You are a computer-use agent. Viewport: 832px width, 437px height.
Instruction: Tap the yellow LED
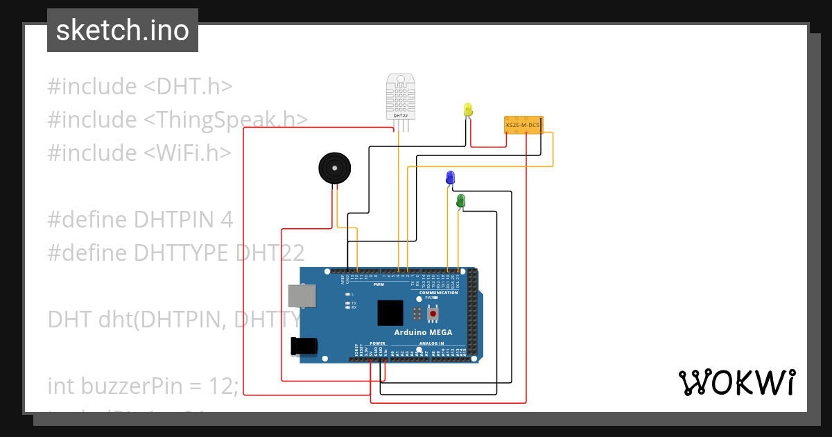468,110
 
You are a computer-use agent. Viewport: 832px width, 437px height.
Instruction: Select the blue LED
451,177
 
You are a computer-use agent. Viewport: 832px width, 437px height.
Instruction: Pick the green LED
460,201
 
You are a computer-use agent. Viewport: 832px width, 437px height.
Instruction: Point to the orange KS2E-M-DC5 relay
523,124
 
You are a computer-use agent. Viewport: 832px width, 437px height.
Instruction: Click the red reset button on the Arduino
433,314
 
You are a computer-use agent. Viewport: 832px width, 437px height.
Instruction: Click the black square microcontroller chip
390,313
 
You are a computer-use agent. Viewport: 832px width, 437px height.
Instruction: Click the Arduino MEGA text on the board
423,332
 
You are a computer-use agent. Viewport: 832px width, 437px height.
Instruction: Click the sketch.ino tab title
123,31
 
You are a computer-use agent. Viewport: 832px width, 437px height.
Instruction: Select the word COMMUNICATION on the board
439,293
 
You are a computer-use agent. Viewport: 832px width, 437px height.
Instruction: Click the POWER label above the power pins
377,343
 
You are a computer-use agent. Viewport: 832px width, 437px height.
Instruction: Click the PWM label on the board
379,284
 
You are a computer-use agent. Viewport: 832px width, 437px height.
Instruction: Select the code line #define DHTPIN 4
140,219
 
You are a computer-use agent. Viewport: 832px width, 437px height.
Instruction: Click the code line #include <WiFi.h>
139,153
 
